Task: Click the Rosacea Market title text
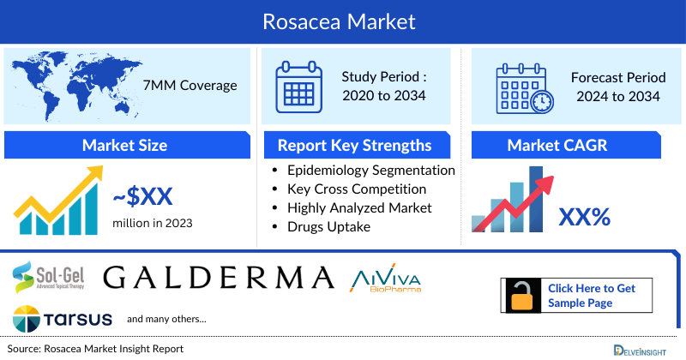point(342,21)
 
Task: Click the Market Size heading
point(124,145)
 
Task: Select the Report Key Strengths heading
point(354,145)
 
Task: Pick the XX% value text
point(584,218)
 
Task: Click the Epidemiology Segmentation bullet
point(370,171)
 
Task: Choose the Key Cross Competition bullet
point(357,189)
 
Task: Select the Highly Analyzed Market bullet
point(359,207)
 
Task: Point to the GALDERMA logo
point(219,277)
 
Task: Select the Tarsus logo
point(63,318)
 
